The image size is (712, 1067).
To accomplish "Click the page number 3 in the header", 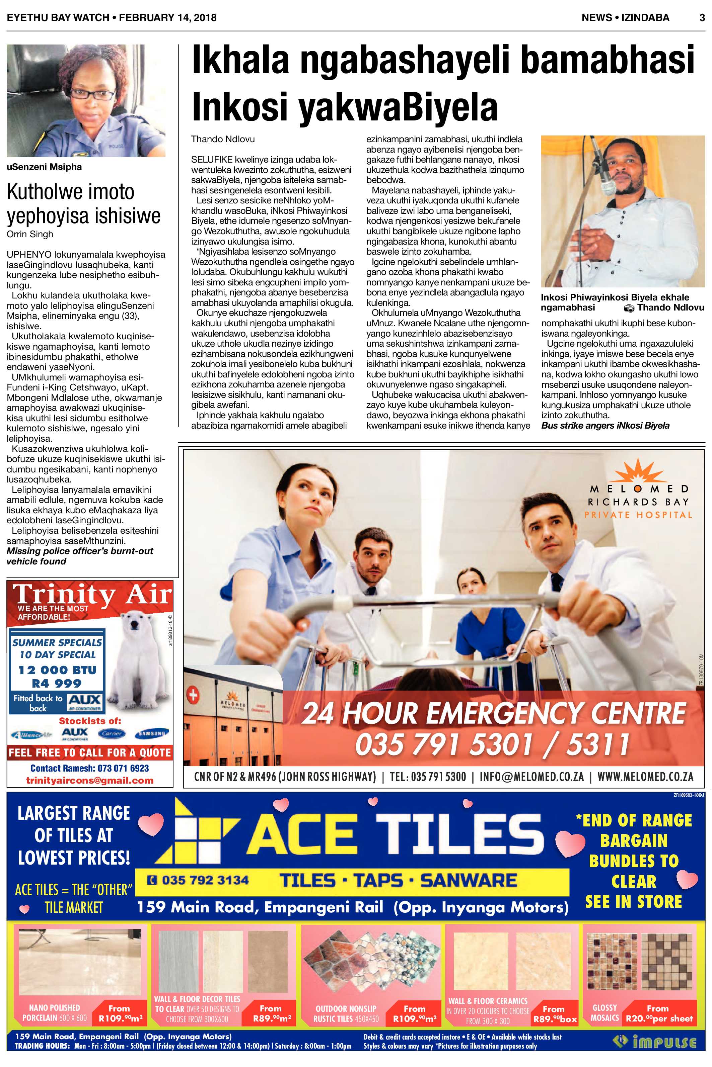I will (702, 18).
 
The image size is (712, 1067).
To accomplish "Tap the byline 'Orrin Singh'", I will (30, 234).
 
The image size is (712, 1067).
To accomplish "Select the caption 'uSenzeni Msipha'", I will (44, 167).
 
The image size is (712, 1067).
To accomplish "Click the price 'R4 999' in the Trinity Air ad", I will (57, 683).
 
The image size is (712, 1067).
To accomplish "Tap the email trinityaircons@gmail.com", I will (89, 780).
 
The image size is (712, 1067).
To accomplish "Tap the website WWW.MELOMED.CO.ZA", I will (645, 777).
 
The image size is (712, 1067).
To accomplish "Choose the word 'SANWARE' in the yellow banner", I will (468, 881).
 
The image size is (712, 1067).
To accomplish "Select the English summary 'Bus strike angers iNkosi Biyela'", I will (605, 426).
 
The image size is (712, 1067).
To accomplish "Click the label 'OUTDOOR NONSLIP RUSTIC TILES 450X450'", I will (346, 1013).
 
